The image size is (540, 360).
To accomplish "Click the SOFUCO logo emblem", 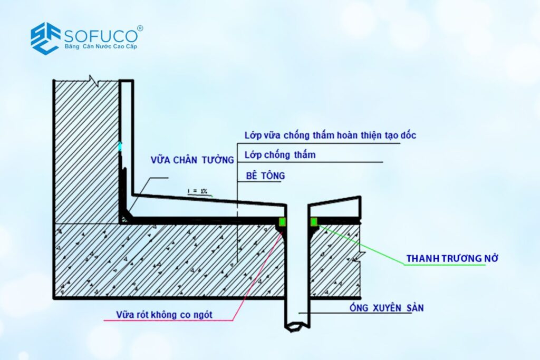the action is pos(45,38).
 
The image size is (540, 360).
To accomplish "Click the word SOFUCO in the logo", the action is pos(101,36).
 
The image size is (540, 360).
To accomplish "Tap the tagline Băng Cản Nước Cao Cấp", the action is pos(101,46).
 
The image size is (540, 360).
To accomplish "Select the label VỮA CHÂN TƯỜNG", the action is pos(192,160).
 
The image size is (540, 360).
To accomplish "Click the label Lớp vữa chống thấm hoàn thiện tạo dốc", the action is pos(330,135).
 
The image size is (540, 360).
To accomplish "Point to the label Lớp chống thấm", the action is pos(280,155).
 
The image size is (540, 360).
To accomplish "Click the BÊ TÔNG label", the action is pos(266,176).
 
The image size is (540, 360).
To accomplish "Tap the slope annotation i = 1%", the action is pos(197,191).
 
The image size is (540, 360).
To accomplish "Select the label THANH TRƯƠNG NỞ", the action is pos(452,258).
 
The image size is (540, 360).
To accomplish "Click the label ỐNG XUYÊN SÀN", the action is pos(387,307).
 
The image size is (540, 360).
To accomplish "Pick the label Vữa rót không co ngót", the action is pos(164,315).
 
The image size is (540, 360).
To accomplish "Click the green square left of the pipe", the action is pos(283,222).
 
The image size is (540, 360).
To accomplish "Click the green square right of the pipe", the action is pos(314,222).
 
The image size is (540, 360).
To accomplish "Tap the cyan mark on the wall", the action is pos(120,147).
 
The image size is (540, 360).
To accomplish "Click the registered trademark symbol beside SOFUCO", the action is pos(140,28).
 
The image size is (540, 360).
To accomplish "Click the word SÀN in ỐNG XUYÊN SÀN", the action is pos(414,307).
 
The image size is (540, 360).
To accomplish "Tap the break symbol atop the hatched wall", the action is pos(94,81).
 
